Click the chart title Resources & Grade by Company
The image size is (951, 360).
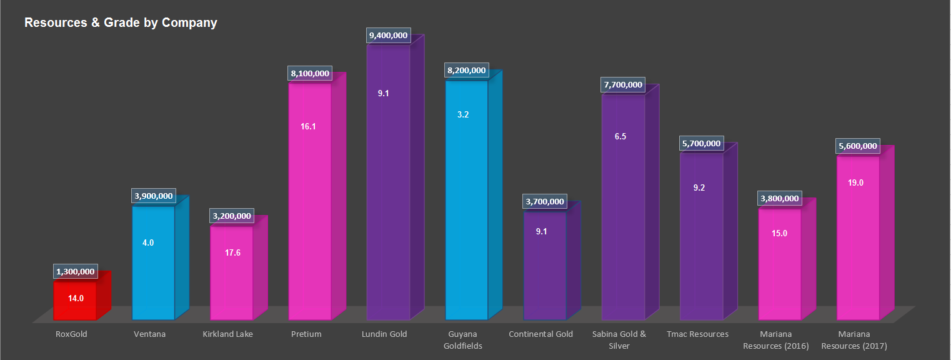pyautogui.click(x=121, y=23)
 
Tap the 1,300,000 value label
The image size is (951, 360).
pyautogui.click(x=76, y=272)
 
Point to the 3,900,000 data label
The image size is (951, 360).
pyautogui.click(x=153, y=196)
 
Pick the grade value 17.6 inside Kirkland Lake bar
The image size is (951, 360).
pyautogui.click(x=232, y=253)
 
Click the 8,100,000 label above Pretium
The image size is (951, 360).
pyautogui.click(x=310, y=74)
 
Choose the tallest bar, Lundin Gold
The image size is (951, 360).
pyautogui.click(x=388, y=187)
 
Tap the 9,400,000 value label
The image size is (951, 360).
pyautogui.click(x=389, y=36)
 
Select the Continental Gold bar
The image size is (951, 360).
pyautogui.click(x=544, y=269)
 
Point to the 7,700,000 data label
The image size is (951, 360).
pyautogui.click(x=623, y=85)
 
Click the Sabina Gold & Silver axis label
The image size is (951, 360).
pyautogui.click(x=619, y=340)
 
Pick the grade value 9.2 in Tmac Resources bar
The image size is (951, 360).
pyautogui.click(x=699, y=187)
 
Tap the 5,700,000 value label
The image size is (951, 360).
pyautogui.click(x=701, y=144)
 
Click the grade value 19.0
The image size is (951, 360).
pyautogui.click(x=856, y=183)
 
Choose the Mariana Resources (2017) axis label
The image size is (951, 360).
pyautogui.click(x=854, y=340)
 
